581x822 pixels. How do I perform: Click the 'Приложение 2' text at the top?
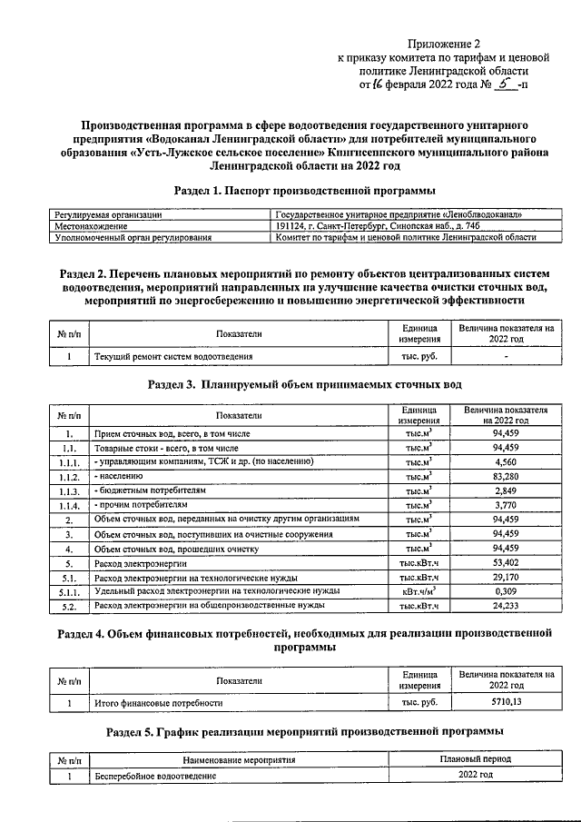point(443,42)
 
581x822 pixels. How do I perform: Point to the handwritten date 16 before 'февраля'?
point(374,85)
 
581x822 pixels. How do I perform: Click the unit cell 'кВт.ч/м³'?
point(419,590)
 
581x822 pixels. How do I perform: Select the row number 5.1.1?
point(67,590)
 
